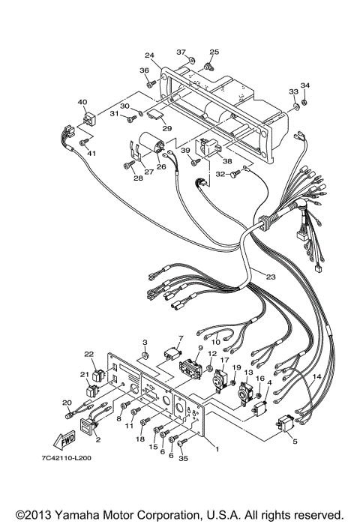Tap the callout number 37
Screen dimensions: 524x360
pos(181,52)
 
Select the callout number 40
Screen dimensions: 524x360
pos(82,101)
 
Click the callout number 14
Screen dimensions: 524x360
pos(317,376)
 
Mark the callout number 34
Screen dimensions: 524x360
pos(304,85)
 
